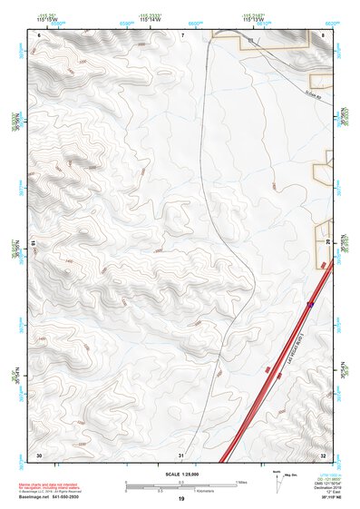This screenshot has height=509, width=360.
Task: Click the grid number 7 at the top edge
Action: tap(182, 34)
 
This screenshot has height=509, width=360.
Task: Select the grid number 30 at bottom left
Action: tap(39, 454)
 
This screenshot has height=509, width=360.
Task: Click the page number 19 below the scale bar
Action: tap(181, 499)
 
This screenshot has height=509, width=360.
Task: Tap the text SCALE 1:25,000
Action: tap(181, 475)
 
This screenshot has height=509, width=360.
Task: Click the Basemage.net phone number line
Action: tap(48, 498)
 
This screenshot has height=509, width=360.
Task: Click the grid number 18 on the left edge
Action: tap(33, 244)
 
